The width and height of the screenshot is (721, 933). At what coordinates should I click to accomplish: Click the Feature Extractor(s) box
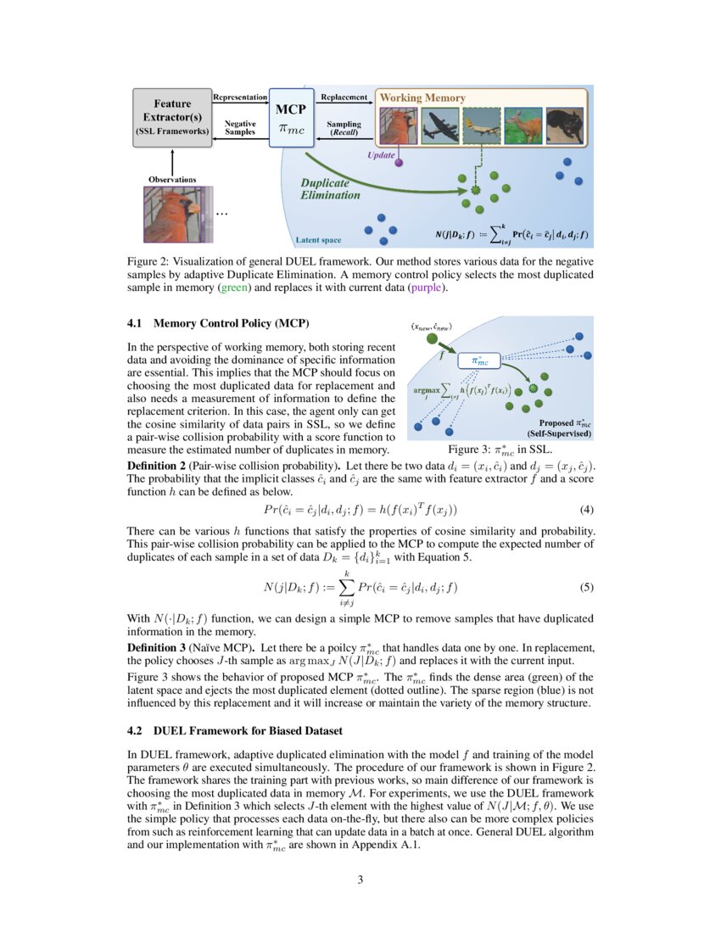[x=172, y=117]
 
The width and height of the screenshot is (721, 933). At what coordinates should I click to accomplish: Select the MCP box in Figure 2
[x=291, y=117]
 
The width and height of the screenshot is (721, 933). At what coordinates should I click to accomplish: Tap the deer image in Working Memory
[x=523, y=126]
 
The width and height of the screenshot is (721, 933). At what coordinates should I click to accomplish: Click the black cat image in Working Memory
[x=567, y=126]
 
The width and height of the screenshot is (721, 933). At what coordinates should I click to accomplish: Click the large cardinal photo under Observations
[x=173, y=215]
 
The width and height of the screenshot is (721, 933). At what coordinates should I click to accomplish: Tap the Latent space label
[x=319, y=240]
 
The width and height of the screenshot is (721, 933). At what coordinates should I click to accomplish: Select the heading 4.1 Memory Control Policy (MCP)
[x=219, y=323]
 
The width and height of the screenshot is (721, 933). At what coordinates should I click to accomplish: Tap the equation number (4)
[x=586, y=510]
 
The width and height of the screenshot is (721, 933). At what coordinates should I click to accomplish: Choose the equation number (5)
[x=586, y=587]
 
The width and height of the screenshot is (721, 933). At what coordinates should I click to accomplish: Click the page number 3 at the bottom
[x=360, y=880]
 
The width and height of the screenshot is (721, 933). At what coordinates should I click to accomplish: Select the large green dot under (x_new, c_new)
[x=433, y=340]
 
